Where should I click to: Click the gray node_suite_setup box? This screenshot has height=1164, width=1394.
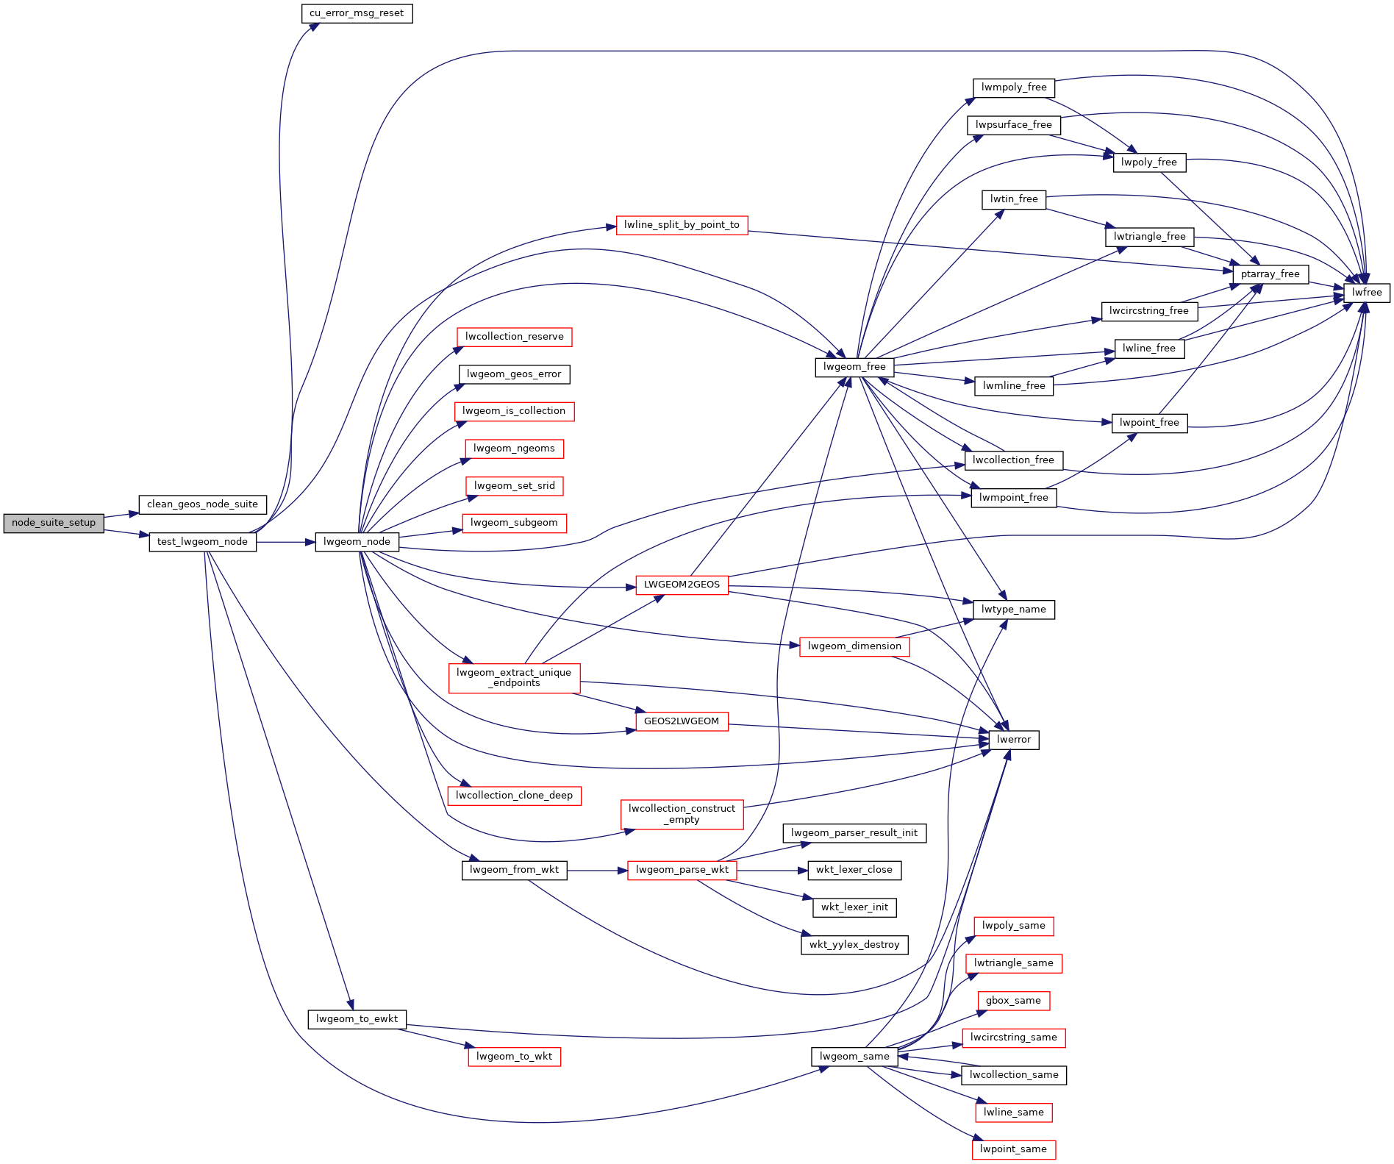54,523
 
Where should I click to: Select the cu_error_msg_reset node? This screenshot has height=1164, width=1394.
357,13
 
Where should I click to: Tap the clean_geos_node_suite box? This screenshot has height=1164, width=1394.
202,504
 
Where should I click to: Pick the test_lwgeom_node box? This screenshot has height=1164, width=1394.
202,542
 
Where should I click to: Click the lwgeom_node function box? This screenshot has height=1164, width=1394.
357,542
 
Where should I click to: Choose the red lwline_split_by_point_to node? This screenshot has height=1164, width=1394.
682,225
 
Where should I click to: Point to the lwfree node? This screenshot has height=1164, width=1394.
1367,293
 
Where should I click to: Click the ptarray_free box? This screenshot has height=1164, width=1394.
1270,274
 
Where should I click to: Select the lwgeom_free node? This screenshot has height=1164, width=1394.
854,367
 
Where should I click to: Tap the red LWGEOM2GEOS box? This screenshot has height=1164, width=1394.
682,585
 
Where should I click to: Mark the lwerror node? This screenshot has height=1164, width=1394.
1014,740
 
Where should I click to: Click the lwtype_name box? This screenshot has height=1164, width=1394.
1013,610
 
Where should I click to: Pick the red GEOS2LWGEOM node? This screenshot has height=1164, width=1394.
682,721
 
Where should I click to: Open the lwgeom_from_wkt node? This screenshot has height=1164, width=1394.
514,870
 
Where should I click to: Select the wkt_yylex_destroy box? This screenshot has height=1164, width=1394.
854,945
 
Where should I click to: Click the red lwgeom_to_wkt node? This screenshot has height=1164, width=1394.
514,1057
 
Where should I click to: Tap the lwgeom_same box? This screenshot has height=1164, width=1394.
854,1057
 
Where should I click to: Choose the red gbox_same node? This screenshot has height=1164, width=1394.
1013,1001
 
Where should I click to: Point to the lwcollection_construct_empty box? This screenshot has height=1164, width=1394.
682,814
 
